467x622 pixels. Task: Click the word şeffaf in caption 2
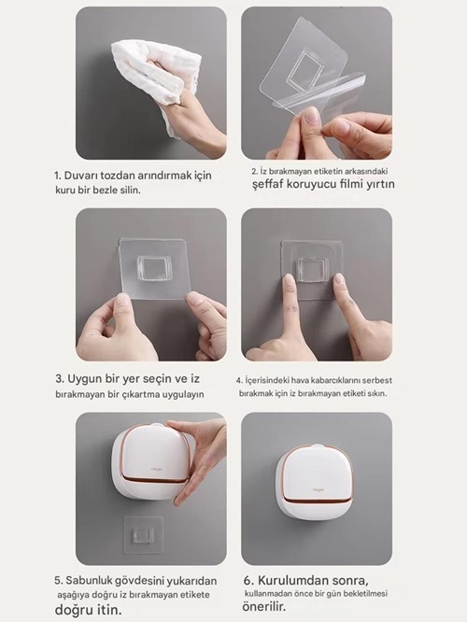point(268,185)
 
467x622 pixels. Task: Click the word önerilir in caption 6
point(262,607)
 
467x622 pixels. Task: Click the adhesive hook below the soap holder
point(143,535)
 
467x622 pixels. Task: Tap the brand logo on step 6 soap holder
point(318,490)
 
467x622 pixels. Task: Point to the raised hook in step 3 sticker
point(154,269)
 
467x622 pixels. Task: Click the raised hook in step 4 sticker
point(313,270)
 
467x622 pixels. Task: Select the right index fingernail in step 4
point(340,279)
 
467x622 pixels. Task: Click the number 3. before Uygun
point(60,379)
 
